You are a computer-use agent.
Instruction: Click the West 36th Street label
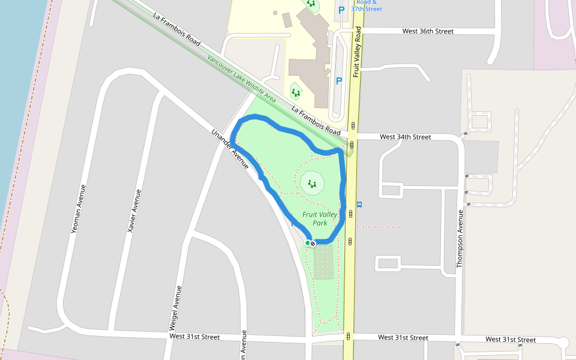(428, 31)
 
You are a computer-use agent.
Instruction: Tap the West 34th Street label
(406, 137)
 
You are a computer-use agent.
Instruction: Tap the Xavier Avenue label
(134, 211)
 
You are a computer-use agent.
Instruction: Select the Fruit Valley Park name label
(320, 218)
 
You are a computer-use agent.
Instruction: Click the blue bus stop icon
(359, 204)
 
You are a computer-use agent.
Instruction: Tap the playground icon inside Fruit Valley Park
(311, 184)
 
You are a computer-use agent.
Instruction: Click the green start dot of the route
(307, 243)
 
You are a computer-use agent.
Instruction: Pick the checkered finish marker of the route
(313, 244)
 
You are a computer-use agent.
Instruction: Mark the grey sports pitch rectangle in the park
(323, 262)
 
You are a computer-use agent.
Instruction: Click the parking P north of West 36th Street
(341, 10)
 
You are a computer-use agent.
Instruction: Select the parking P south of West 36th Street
(339, 81)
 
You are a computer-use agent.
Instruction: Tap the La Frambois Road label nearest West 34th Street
(316, 120)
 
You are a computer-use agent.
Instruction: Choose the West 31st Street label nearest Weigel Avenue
(194, 337)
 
